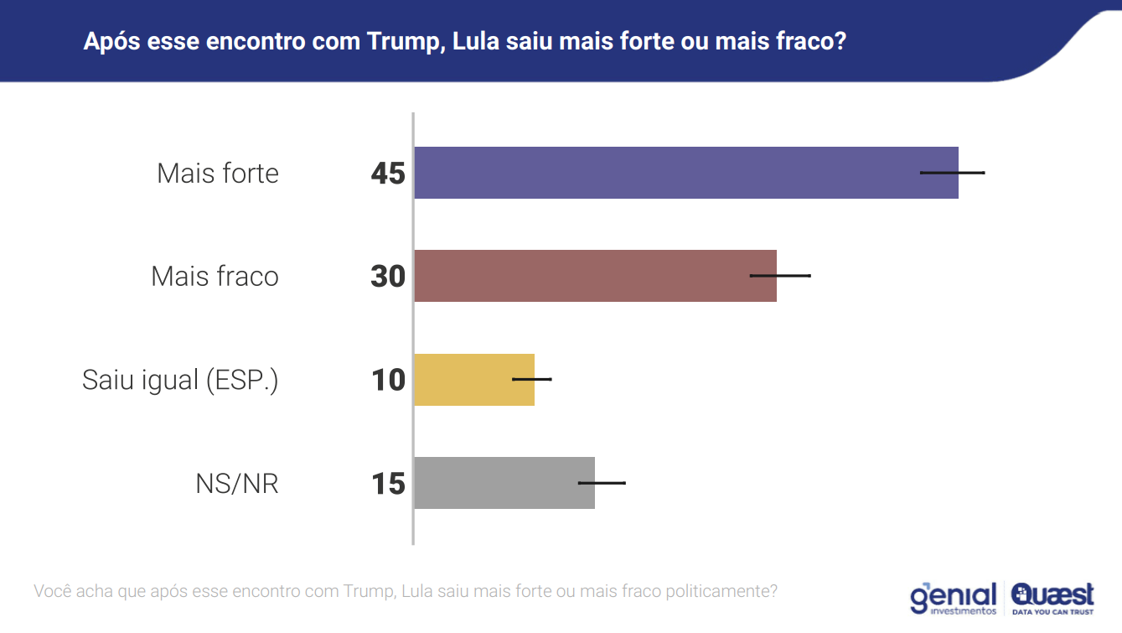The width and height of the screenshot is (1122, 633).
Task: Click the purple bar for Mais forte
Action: [x=670, y=173]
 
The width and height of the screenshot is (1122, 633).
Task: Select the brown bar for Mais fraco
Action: [x=587, y=276]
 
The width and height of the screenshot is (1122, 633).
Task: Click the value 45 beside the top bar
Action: [x=388, y=174]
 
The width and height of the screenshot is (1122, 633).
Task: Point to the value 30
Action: [x=388, y=277]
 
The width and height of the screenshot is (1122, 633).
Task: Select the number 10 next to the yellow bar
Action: [x=388, y=381]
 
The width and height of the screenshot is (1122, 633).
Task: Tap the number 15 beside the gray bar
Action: [x=388, y=484]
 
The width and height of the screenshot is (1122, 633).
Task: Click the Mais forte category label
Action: [x=218, y=174]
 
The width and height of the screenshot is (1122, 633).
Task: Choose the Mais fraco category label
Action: [x=215, y=277]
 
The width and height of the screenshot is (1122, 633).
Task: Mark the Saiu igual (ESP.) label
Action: [x=180, y=381]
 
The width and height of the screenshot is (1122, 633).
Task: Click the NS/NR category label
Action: [x=237, y=484]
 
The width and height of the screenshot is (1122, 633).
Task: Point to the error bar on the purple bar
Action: [x=953, y=173]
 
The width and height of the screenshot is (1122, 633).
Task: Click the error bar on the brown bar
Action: [x=780, y=275]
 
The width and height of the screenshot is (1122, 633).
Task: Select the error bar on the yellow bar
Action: [x=532, y=379]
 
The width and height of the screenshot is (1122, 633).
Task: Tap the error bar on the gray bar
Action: [x=602, y=483]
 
